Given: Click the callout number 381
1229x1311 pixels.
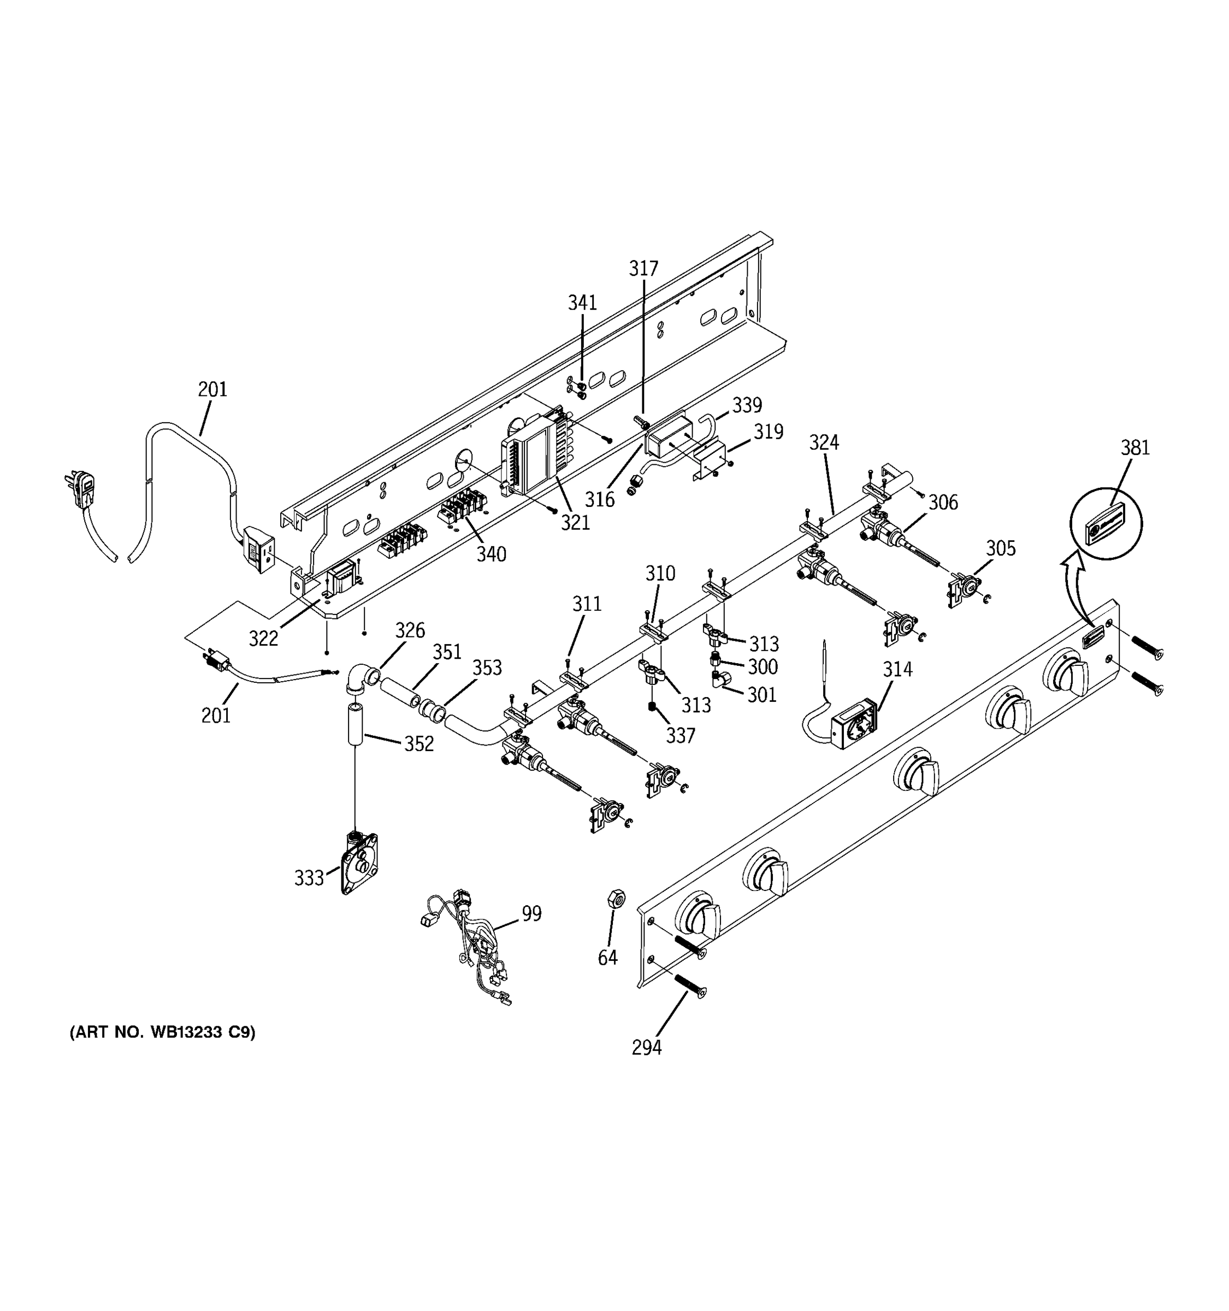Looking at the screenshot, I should point(1135,448).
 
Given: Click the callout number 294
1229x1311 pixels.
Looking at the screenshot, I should point(646,1047).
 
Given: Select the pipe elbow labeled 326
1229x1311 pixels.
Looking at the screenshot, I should point(361,679).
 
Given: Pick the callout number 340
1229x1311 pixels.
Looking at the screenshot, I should point(491,554).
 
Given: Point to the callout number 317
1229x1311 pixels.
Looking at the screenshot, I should point(643,268).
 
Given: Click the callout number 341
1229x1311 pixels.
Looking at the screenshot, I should point(582,303).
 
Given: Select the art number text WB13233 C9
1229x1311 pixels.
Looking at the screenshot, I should point(162,1032).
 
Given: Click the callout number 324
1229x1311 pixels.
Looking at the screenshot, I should point(824,442).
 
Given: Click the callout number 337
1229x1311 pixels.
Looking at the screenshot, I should point(680,735).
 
